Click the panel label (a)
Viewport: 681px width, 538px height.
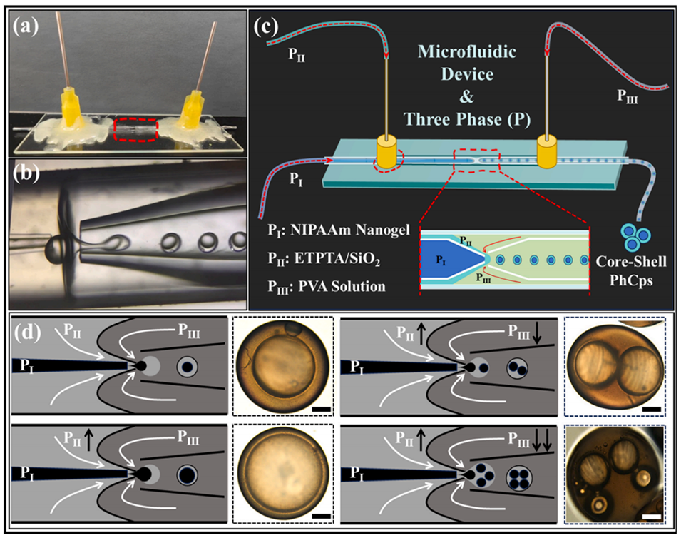coord(28,21)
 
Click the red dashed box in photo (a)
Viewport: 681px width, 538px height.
coord(135,131)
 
